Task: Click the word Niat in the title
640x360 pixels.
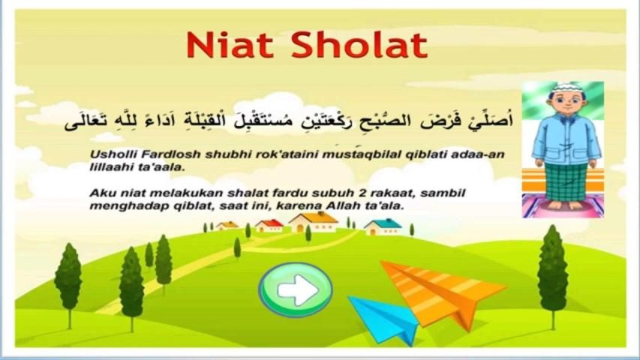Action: pyautogui.click(x=230, y=44)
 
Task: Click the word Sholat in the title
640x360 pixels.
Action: pyautogui.click(x=359, y=44)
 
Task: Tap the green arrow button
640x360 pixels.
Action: pyautogui.click(x=296, y=289)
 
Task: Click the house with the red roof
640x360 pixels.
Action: pyautogui.click(x=269, y=226)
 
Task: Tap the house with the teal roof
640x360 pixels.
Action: pyautogui.click(x=383, y=227)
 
